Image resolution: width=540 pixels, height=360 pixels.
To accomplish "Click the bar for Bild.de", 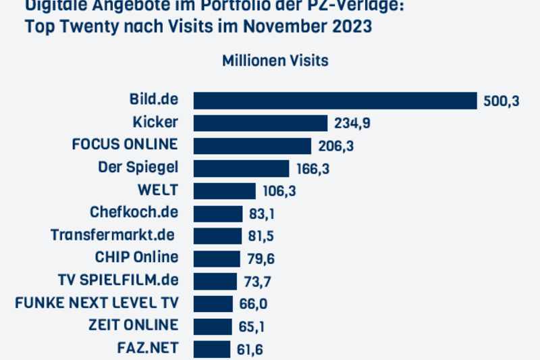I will click(335, 100).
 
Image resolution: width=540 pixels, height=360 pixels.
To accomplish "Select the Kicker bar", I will click(261, 122).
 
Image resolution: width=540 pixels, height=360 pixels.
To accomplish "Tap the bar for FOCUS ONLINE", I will click(252, 145).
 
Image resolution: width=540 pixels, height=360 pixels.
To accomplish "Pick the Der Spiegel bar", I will click(241, 168).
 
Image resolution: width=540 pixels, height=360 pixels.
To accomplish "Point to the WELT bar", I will click(225, 190).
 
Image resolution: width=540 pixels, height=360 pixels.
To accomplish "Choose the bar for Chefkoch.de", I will click(218, 213).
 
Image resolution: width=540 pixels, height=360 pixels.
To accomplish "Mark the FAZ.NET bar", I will click(212, 349).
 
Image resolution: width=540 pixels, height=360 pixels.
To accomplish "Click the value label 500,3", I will click(502, 101).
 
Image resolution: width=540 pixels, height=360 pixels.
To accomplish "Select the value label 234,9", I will click(352, 123).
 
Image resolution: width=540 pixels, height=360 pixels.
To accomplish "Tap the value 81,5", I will click(261, 236).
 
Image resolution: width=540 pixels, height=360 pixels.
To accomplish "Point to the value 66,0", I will click(252, 304).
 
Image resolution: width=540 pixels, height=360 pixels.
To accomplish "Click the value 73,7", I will click(256, 282).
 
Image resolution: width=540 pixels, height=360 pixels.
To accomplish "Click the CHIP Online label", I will click(137, 257).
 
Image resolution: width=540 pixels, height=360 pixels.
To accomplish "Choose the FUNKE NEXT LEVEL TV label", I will click(97, 303).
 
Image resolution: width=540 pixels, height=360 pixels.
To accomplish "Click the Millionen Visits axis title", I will click(275, 61).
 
